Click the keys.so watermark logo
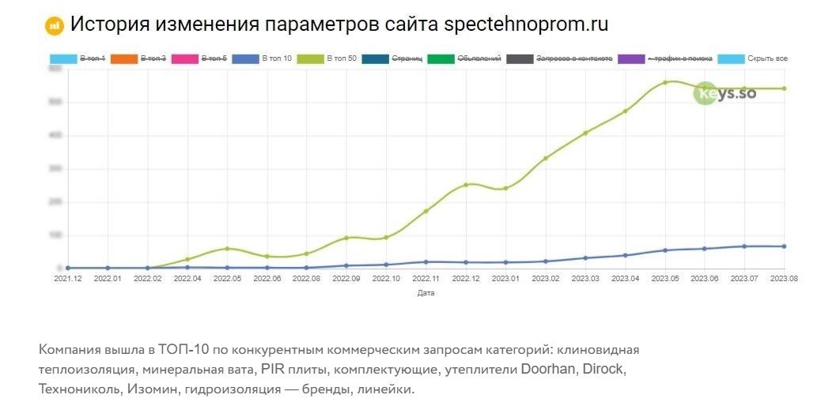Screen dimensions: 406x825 725,93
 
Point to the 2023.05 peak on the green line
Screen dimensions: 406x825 665,82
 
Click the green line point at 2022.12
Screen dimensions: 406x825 466,185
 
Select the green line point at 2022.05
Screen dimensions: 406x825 227,249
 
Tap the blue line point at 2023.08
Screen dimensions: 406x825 784,246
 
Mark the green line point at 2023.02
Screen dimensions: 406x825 546,158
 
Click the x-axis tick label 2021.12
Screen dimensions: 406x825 67,278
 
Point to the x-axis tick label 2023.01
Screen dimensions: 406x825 505,278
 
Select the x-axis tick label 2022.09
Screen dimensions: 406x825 346,278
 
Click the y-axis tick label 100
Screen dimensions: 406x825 55,235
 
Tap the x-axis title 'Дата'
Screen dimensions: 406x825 426,293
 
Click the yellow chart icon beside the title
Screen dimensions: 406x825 54,25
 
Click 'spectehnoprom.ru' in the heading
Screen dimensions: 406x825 526,24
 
